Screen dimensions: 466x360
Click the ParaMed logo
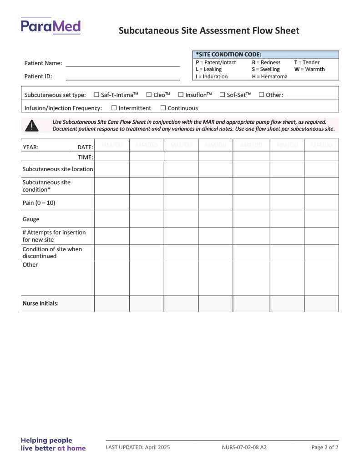point(51,26)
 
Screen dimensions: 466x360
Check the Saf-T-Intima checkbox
point(96,95)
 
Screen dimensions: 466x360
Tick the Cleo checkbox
point(149,95)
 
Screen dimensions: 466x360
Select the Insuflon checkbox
point(181,95)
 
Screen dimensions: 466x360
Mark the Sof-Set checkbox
point(222,95)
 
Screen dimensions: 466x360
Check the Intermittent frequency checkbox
point(114,108)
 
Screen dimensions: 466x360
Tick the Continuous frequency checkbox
point(163,108)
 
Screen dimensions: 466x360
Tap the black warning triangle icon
point(31,126)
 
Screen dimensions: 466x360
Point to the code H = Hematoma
point(269,76)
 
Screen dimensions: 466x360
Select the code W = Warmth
point(309,69)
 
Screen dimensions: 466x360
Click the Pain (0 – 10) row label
point(39,203)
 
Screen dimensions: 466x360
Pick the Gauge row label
point(31,219)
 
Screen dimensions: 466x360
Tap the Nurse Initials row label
point(41,304)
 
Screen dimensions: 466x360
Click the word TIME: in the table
point(85,157)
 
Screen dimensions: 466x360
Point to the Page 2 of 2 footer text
point(325,447)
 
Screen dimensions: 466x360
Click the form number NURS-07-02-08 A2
point(244,447)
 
